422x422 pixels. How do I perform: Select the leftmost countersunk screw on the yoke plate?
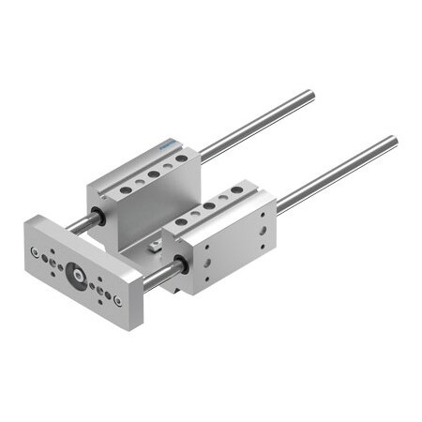(35, 251)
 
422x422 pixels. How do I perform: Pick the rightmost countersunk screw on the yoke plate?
(117, 301)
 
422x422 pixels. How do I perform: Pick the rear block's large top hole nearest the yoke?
(125, 190)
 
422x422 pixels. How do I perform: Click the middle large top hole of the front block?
(209, 205)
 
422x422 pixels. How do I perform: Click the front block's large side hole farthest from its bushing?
(264, 229)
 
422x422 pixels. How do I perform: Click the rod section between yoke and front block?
(157, 275)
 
